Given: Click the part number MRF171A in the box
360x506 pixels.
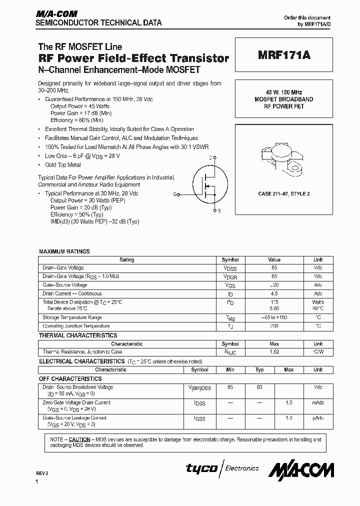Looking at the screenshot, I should [284, 56].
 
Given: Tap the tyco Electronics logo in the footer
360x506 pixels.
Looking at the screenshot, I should [222, 468].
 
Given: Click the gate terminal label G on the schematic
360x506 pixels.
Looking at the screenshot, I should [175, 193].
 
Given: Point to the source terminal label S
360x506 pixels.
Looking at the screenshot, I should [219, 211].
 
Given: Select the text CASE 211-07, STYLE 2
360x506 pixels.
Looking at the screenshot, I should [284, 193].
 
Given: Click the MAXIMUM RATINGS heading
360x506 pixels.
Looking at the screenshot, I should [64, 251].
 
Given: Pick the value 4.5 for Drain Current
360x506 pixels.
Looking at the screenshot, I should [274, 293].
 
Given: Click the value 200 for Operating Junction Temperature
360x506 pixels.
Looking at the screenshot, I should [274, 326].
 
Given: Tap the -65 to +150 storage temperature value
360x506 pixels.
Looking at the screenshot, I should [274, 317].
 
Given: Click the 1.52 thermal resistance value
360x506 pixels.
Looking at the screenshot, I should [274, 352].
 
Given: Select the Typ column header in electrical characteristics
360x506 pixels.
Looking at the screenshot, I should [259, 369].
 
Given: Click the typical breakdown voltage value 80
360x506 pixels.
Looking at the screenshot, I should [259, 387].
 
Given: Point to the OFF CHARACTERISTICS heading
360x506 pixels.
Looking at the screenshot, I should [70, 379].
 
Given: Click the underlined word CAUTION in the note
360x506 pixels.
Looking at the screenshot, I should [79, 439].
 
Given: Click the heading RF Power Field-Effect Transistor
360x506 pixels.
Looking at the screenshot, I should [133, 58].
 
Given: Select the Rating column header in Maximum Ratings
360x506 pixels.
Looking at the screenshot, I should [127, 259].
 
